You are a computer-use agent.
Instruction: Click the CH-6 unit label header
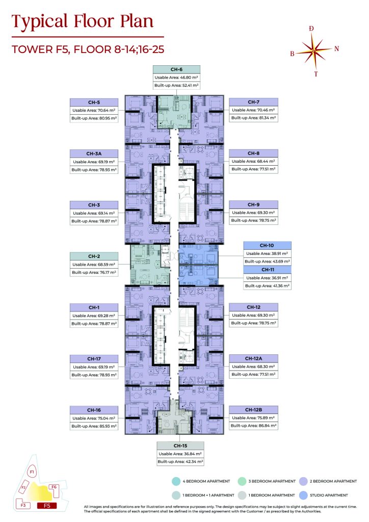(176, 69)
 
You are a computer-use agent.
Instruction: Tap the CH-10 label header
(267, 245)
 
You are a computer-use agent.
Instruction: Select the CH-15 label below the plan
(180, 446)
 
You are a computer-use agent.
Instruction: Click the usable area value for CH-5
(94, 110)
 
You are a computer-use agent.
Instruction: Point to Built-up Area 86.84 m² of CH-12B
(253, 426)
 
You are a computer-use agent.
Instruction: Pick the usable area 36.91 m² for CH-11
(267, 278)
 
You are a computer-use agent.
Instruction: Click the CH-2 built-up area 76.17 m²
(94, 272)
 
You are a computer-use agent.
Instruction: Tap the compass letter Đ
(311, 29)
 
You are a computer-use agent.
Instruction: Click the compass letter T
(316, 74)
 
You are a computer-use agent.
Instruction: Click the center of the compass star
(313, 51)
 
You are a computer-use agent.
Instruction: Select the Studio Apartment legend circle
(303, 495)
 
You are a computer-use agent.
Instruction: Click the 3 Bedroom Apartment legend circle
(242, 481)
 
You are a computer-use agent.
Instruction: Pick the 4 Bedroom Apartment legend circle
(176, 481)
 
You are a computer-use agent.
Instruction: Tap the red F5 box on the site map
(47, 506)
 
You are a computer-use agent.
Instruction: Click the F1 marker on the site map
(32, 472)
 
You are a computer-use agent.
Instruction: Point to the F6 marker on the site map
(54, 487)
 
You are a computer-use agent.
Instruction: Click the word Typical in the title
(40, 21)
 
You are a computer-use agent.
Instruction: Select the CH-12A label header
(253, 358)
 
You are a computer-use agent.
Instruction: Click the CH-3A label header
(94, 154)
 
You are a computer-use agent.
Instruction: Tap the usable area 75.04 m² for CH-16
(94, 418)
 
